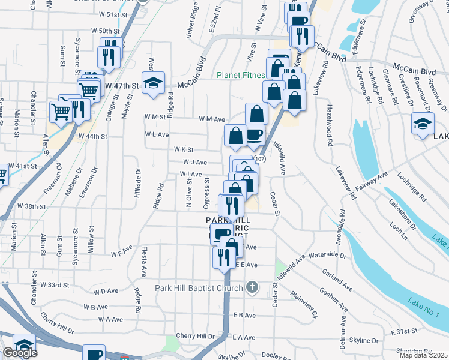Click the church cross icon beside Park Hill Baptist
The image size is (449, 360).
tap(252, 288)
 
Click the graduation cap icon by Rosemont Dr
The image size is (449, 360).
tap(423, 124)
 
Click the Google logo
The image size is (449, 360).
tap(20, 353)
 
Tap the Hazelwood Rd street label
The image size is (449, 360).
tap(329, 124)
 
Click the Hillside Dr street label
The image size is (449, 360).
tap(138, 180)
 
